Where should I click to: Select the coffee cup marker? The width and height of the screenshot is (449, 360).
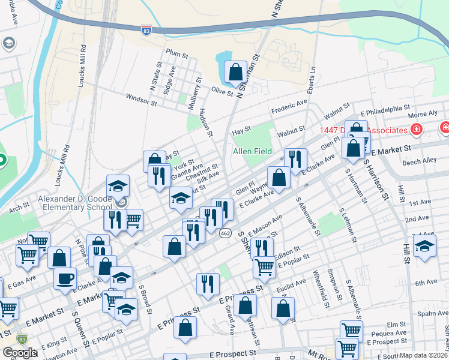pyautogui.click(x=65, y=278)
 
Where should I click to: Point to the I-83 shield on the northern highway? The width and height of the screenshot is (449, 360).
pyautogui.click(x=146, y=29)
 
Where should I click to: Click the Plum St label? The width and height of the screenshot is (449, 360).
pyautogui.click(x=177, y=53)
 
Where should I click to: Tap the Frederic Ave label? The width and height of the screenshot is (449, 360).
pyautogui.click(x=289, y=107)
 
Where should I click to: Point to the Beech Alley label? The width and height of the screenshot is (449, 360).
pyautogui.click(x=420, y=161)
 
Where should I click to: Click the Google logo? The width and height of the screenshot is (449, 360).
pyautogui.click(x=19, y=353)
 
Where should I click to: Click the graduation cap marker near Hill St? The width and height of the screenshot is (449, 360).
pyautogui.click(x=424, y=246)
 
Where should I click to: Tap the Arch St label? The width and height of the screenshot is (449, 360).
pyautogui.click(x=19, y=206)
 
